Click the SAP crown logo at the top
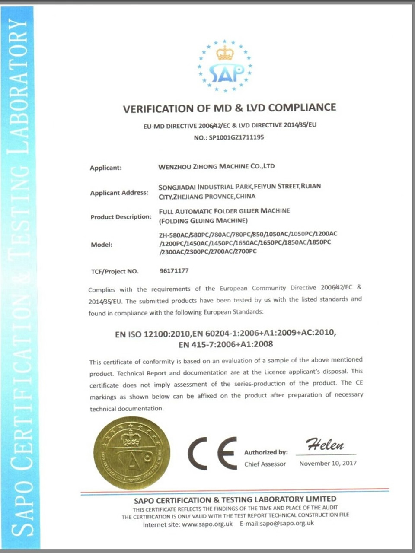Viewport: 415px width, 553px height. click(x=225, y=66)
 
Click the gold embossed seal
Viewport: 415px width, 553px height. click(x=131, y=453)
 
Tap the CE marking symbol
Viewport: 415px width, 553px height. click(x=212, y=453)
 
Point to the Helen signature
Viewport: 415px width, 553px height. click(x=325, y=444)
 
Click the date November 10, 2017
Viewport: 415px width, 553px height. click(x=328, y=463)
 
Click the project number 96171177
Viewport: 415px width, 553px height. click(x=174, y=271)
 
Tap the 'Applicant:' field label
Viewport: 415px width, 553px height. click(x=105, y=168)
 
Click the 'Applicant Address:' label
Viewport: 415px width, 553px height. click(x=119, y=193)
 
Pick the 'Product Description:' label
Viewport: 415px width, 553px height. click(x=121, y=217)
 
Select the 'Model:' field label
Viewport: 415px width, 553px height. click(x=101, y=245)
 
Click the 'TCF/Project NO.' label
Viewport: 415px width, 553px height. click(x=114, y=271)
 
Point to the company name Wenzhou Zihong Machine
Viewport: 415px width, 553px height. click(x=216, y=166)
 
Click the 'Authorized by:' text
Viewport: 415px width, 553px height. click(x=265, y=452)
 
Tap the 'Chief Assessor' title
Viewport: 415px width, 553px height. click(x=265, y=464)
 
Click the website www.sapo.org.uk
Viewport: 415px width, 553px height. click(x=207, y=524)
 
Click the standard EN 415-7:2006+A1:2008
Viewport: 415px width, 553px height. click(x=226, y=344)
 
